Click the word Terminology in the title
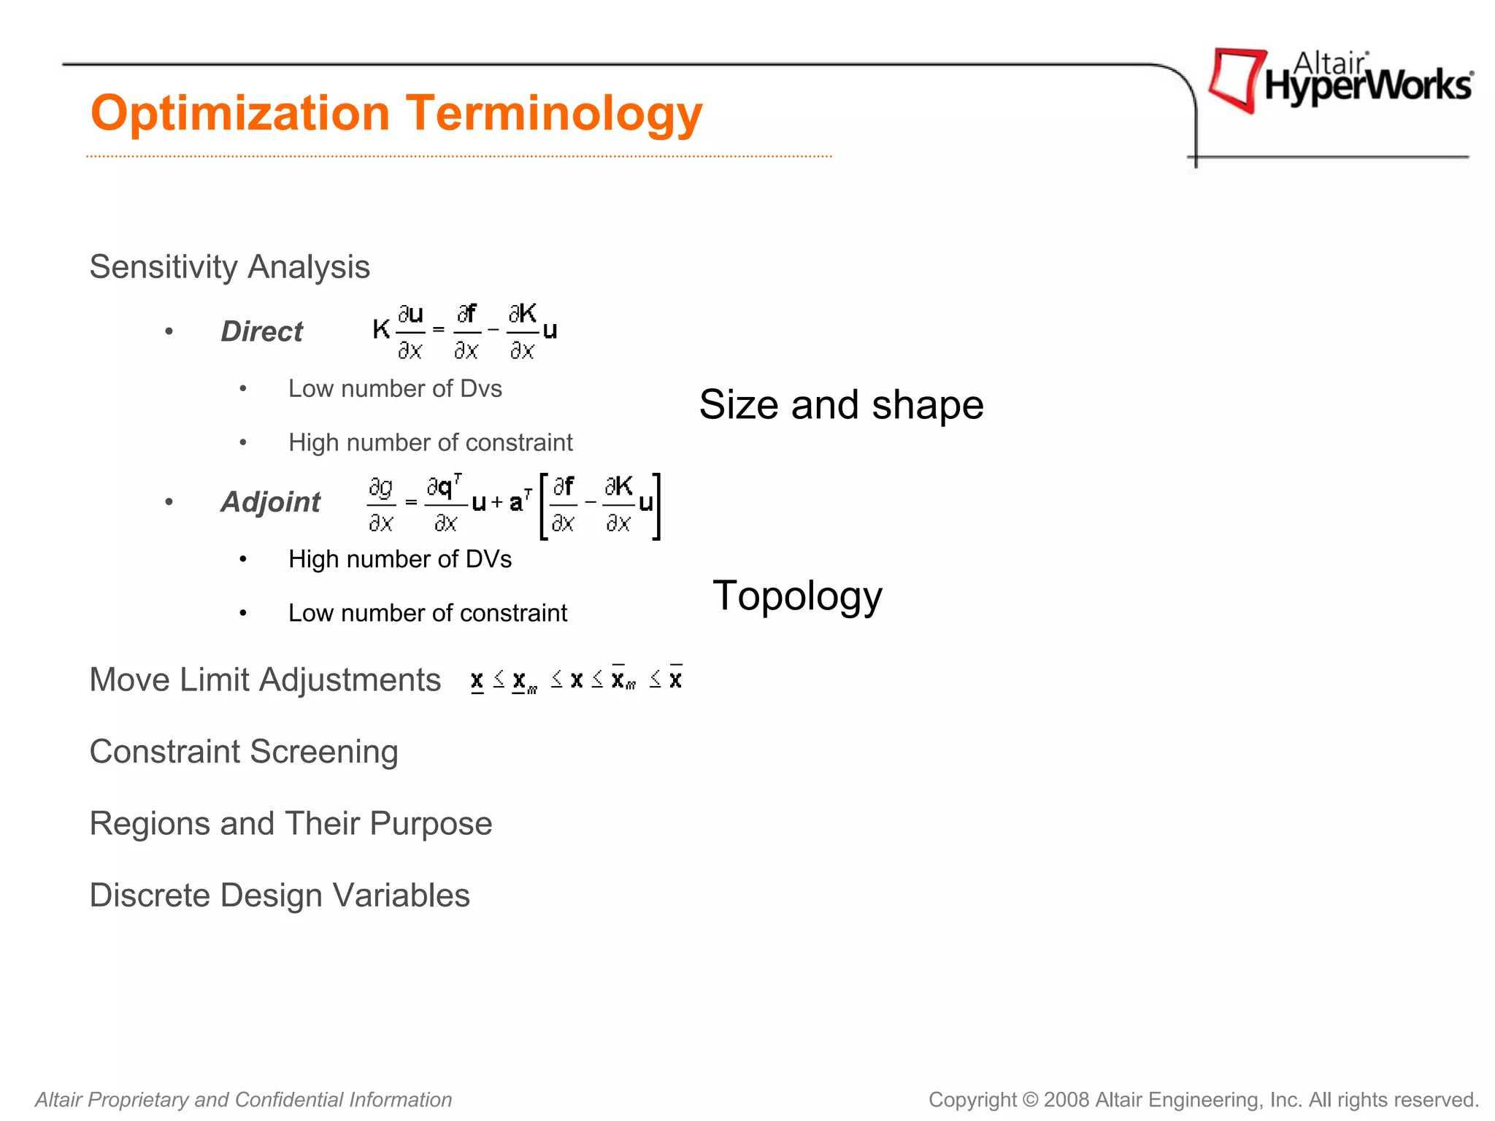pyautogui.click(x=554, y=114)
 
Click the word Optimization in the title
pyautogui.click(x=240, y=115)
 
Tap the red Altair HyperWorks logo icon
pyautogui.click(x=1235, y=79)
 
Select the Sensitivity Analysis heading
pyautogui.click(x=229, y=267)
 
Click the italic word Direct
pyautogui.click(x=261, y=332)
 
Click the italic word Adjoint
pyautogui.click(x=270, y=502)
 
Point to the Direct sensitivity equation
pyautogui.click(x=465, y=332)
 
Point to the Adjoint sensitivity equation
pyautogui.click(x=513, y=504)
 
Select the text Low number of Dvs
pyautogui.click(x=395, y=389)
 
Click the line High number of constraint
pyautogui.click(x=430, y=443)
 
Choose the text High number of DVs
pyautogui.click(x=400, y=560)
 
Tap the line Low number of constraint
pyautogui.click(x=427, y=613)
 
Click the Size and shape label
pyautogui.click(x=841, y=405)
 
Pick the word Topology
pyautogui.click(x=797, y=596)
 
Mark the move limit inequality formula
pyautogui.click(x=577, y=680)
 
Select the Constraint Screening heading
pyautogui.click(x=244, y=752)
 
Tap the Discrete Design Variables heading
pyautogui.click(x=280, y=895)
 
